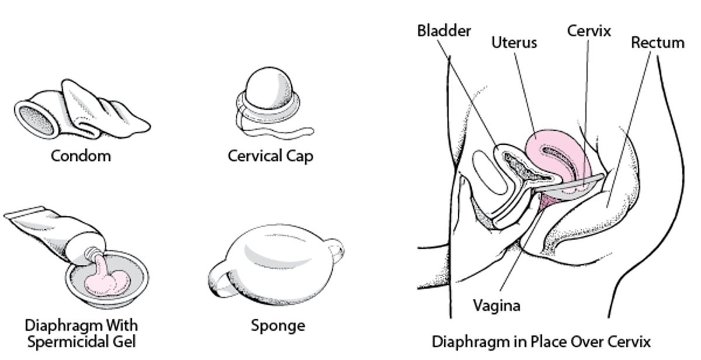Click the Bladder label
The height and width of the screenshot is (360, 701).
443,30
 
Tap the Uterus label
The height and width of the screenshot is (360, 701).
513,43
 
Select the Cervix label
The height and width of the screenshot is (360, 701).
588,30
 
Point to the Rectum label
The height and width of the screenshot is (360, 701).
657,43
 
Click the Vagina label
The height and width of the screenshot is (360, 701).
496,305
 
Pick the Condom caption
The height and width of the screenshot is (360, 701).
80,156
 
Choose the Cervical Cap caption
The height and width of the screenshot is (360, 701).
270,156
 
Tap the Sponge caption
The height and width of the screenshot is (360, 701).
278,325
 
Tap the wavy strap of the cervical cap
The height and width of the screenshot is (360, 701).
280,130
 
